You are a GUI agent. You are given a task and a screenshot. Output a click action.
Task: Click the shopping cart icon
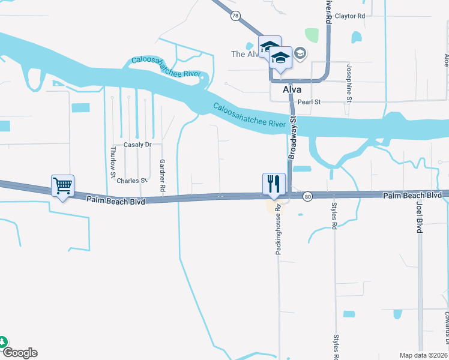point(62,185)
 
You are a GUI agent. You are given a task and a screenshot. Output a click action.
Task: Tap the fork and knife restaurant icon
point(274,183)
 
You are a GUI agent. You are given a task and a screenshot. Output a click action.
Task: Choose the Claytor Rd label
point(350,16)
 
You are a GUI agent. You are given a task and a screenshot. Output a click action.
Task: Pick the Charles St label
point(131,181)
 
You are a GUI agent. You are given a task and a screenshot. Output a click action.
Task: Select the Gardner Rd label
point(162,176)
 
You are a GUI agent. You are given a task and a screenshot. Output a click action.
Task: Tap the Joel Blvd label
point(420,217)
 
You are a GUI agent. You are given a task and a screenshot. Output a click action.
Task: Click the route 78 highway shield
point(235,16)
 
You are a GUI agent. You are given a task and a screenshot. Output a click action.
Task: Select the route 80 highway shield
point(307,196)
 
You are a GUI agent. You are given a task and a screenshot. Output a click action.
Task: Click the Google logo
point(19,353)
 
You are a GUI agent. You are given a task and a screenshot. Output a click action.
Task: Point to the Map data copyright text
point(424,355)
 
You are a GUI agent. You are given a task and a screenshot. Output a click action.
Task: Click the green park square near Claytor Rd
point(311,35)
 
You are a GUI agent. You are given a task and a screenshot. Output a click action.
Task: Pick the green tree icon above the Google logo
point(2,342)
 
